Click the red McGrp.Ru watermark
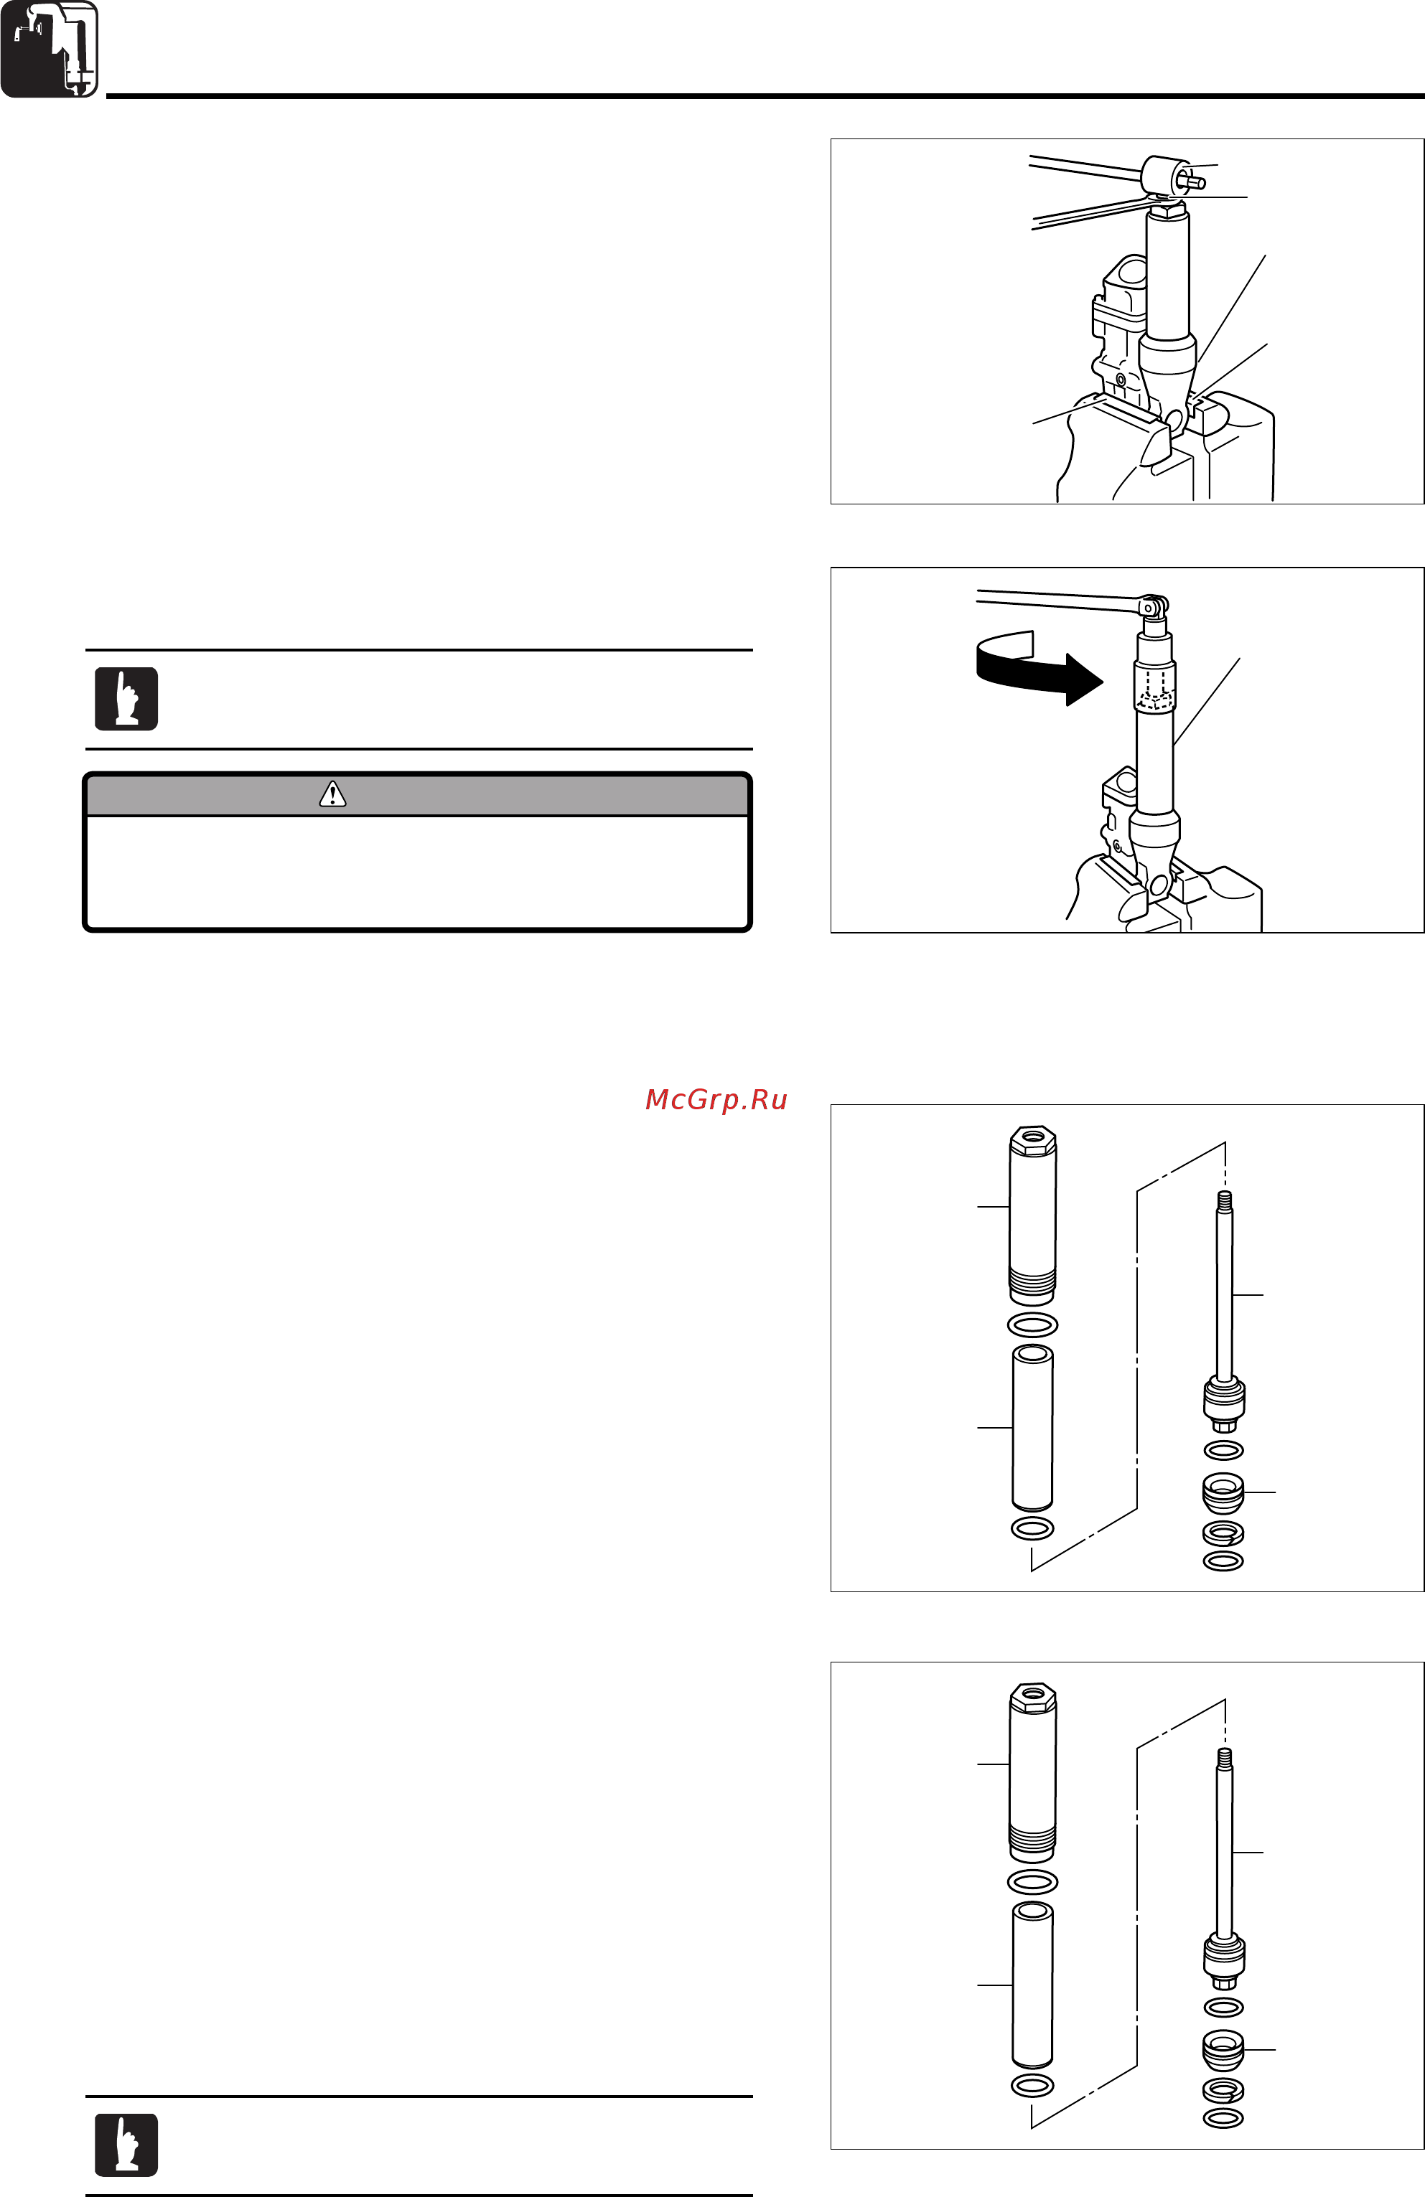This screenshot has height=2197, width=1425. [x=716, y=1099]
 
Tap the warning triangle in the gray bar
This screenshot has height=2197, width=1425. [x=332, y=794]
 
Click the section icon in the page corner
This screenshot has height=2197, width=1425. [x=49, y=49]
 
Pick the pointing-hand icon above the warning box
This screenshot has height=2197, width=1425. [x=126, y=699]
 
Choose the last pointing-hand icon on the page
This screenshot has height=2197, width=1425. [x=126, y=2145]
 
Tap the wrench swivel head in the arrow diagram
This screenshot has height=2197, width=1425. [x=1152, y=606]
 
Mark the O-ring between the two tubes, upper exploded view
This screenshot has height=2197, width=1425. [x=1032, y=1325]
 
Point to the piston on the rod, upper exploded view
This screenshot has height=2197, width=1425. [x=1225, y=1401]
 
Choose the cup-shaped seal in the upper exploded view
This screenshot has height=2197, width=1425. [x=1224, y=1492]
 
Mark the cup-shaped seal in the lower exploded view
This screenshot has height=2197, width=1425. [x=1224, y=2049]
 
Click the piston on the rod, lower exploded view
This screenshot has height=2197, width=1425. [x=1225, y=1958]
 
